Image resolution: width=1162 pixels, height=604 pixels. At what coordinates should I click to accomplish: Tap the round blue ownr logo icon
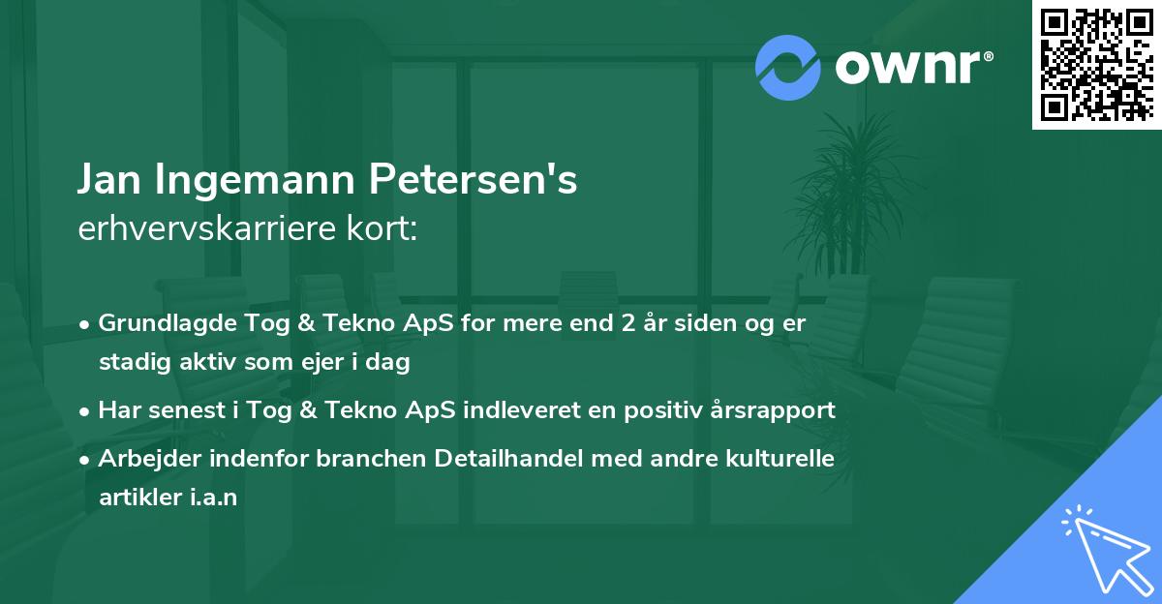coord(787,67)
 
